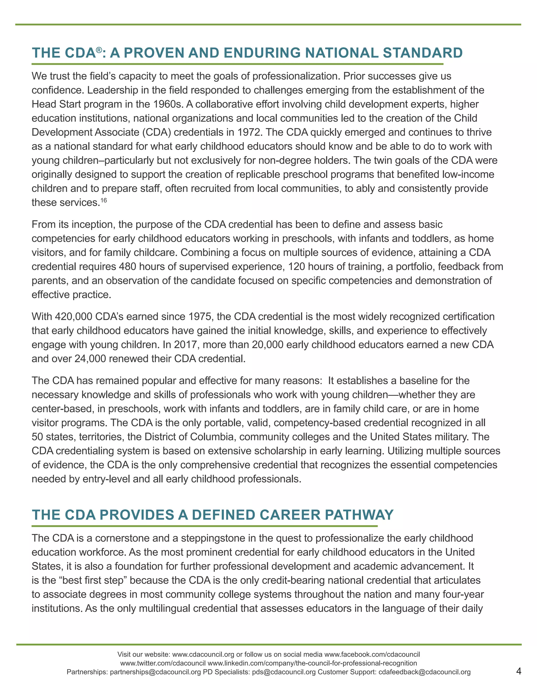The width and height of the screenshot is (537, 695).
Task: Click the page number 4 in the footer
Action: tap(519, 671)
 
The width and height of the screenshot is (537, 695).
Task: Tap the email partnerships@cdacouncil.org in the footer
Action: tap(155, 672)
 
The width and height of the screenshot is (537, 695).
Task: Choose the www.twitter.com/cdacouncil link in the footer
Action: tap(163, 664)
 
